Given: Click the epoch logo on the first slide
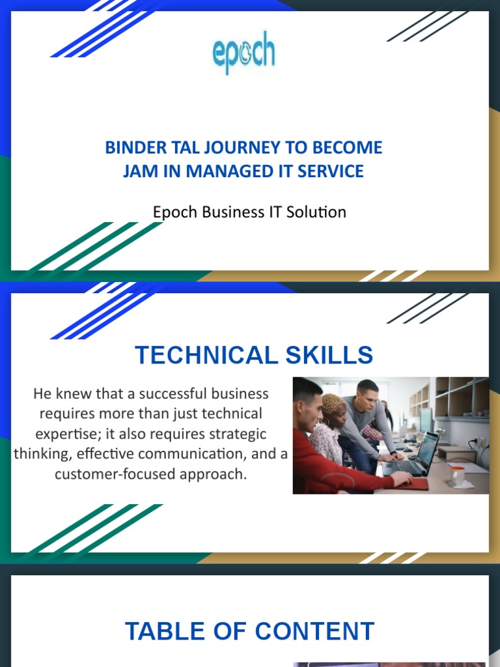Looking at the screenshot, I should click(244, 55).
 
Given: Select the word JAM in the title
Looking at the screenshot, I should click(141, 171).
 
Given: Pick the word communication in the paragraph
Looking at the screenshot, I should click(195, 454).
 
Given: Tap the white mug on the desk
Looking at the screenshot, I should click(458, 475).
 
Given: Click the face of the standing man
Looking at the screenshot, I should click(367, 395).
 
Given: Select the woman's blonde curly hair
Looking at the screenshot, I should click(333, 403).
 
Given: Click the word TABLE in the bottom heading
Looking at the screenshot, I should click(163, 631).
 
